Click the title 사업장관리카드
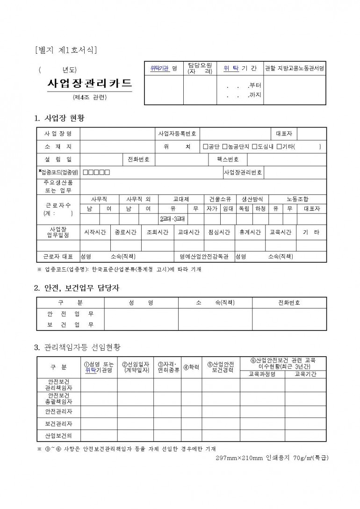point(89,84)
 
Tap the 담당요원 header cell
point(200,68)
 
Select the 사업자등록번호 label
point(177,134)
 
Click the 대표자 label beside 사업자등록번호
point(284,134)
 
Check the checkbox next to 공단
point(206,147)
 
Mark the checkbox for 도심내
point(254,147)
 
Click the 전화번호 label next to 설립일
point(138,159)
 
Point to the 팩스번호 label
point(228,159)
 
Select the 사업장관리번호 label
point(243,172)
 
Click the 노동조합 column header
point(297,199)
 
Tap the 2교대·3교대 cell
point(173,219)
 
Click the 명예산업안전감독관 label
point(204,257)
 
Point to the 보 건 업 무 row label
point(70,324)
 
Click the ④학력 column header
point(191,367)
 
